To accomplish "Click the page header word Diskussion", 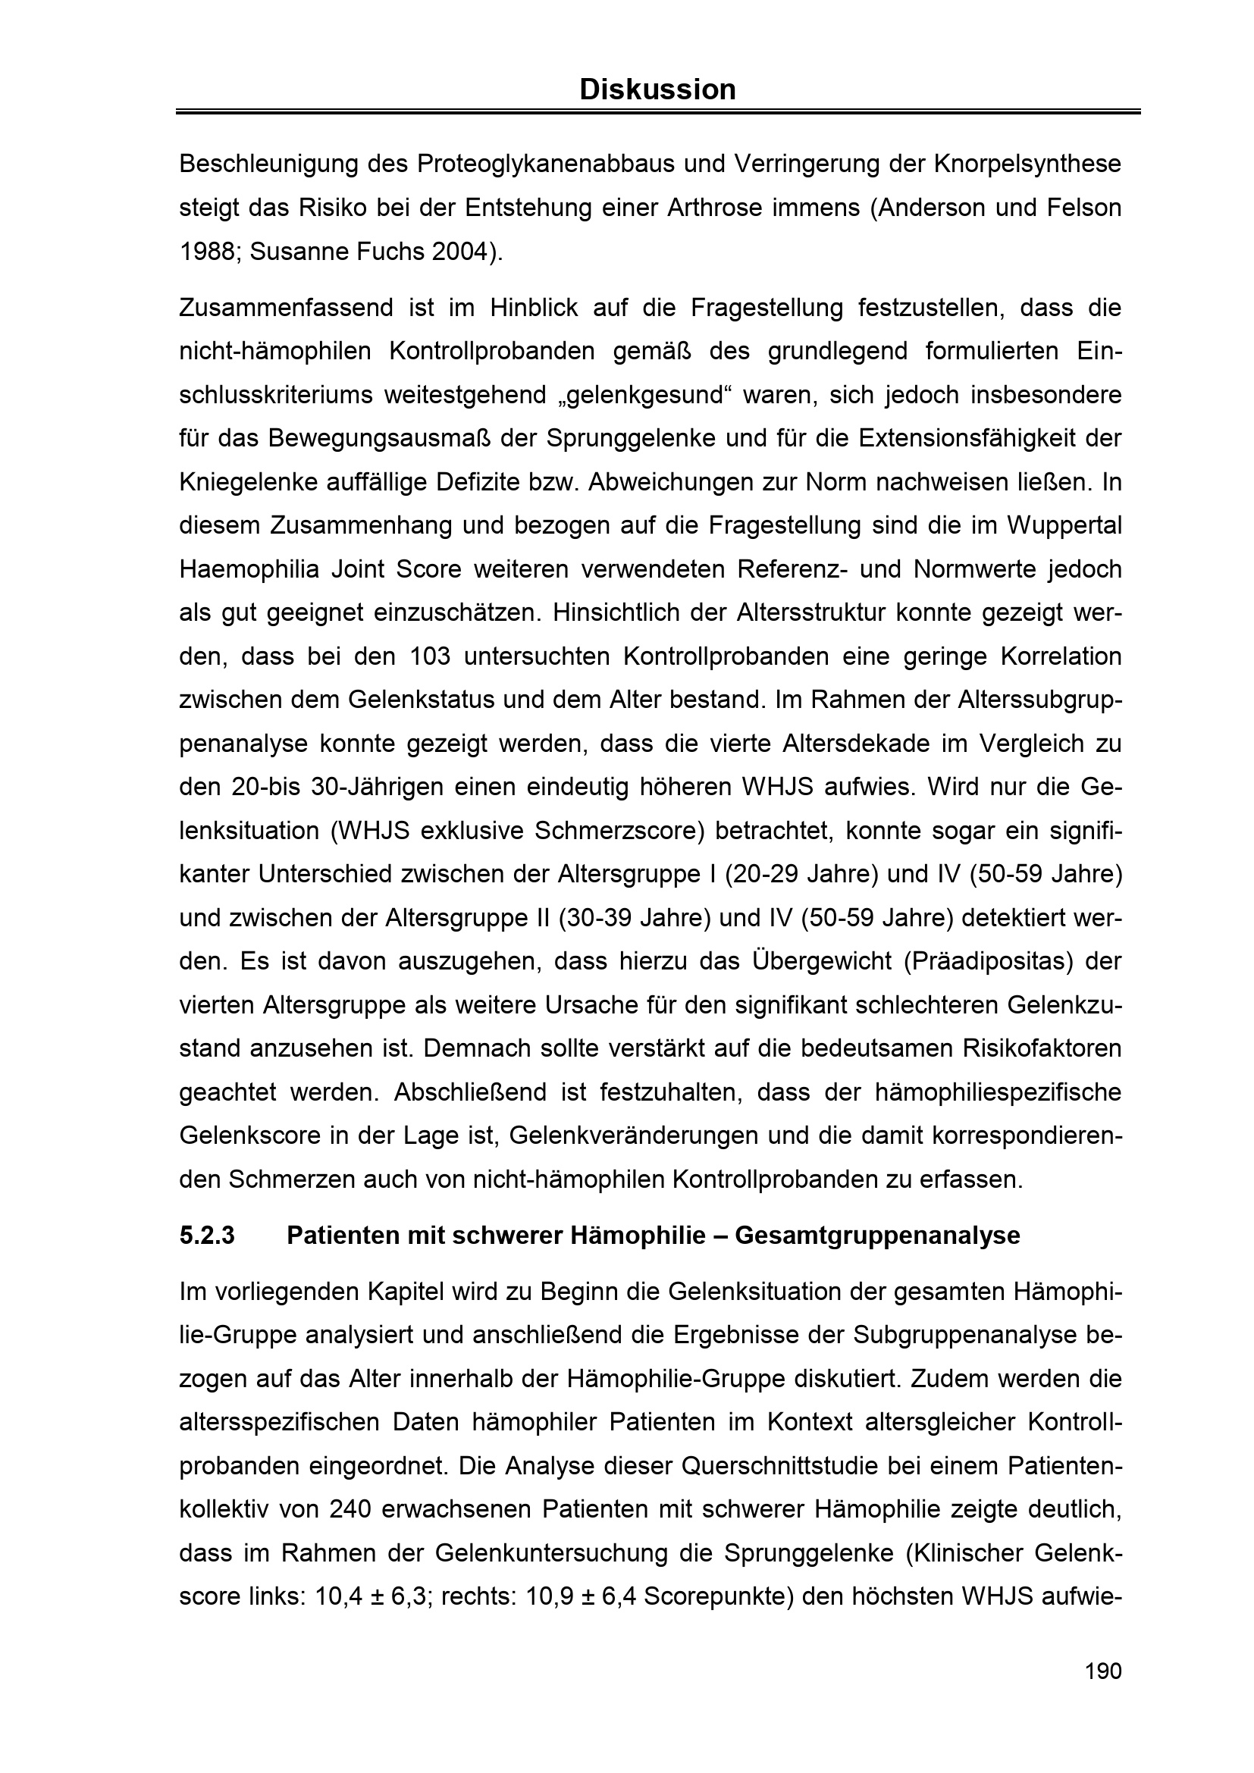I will [x=657, y=90].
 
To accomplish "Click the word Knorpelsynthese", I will [x=1027, y=164].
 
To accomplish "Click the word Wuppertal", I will [x=1064, y=526].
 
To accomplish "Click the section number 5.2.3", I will [x=207, y=1236].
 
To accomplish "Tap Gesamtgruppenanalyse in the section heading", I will [x=877, y=1236].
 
